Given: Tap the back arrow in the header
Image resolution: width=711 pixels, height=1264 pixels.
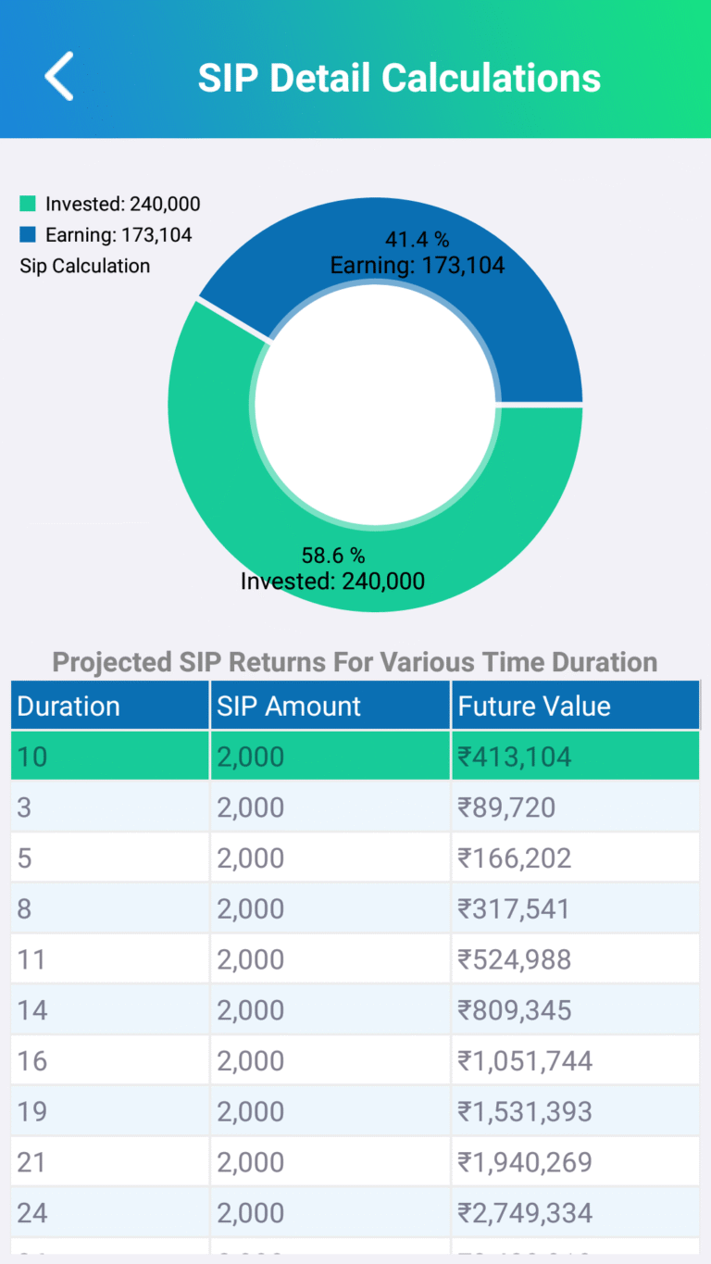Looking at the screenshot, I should pyautogui.click(x=59, y=76).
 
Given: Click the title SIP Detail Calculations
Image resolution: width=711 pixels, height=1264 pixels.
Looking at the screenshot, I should pyautogui.click(x=399, y=78).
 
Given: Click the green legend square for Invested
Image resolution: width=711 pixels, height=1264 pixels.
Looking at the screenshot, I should pyautogui.click(x=28, y=204).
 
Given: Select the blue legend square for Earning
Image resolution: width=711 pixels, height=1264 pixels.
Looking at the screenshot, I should pyautogui.click(x=28, y=234).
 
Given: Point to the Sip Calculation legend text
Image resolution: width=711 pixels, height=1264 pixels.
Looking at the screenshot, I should pyautogui.click(x=84, y=266).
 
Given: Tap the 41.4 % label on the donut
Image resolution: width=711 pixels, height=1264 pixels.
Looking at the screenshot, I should pyautogui.click(x=417, y=240).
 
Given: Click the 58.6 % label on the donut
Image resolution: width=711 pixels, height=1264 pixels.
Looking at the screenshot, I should pyautogui.click(x=333, y=556).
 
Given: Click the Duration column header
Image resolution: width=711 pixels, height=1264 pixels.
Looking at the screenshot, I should pyautogui.click(x=69, y=706).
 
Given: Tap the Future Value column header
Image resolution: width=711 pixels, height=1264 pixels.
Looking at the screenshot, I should pyautogui.click(x=534, y=706).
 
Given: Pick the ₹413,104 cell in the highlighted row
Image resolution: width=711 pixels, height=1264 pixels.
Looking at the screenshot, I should pyautogui.click(x=515, y=757).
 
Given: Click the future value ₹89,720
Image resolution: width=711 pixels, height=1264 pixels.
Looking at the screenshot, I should pyautogui.click(x=506, y=807).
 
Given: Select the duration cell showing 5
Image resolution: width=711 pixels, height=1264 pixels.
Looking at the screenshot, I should pyautogui.click(x=25, y=858).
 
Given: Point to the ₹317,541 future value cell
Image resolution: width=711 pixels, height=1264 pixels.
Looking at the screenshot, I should pyautogui.click(x=515, y=908).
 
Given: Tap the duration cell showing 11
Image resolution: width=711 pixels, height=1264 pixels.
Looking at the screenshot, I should pyautogui.click(x=31, y=959).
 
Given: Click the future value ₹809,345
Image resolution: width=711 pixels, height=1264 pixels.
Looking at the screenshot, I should pyautogui.click(x=515, y=1010).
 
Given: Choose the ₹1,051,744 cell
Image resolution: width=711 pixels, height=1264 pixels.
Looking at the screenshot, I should pyautogui.click(x=525, y=1060).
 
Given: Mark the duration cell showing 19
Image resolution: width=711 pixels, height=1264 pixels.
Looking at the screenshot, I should pyautogui.click(x=32, y=1111).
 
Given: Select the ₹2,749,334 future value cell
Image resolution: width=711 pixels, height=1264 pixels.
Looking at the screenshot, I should pyautogui.click(x=525, y=1212).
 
